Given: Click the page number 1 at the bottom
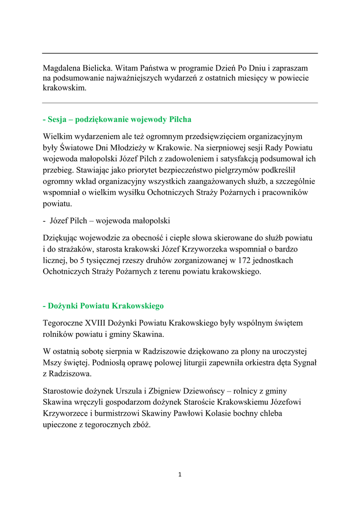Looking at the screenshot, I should coord(180,475).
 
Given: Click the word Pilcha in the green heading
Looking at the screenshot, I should coord(180,120).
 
